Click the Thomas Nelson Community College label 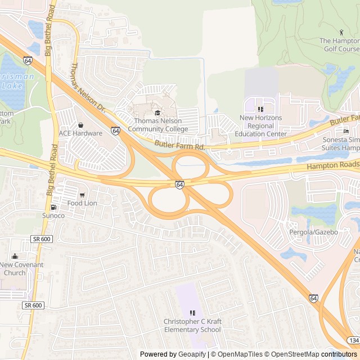(x=157, y=125)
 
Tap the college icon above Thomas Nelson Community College (x=157, y=113)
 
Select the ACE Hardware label (x=80, y=133)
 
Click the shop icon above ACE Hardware (x=80, y=125)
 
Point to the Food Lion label (x=83, y=203)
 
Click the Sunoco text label (x=53, y=215)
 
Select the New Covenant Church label (x=21, y=269)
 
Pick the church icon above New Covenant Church (x=15, y=256)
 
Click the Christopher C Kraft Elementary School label (x=192, y=326)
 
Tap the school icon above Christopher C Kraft (x=192, y=313)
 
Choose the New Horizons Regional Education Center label (x=260, y=126)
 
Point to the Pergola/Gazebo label (x=313, y=232)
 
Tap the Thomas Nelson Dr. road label (x=87, y=85)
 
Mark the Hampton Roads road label (x=333, y=165)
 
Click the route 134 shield (x=353, y=341)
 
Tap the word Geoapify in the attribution (x=192, y=354)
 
